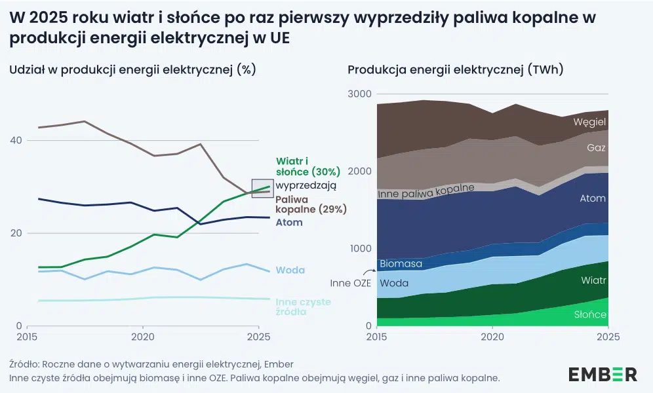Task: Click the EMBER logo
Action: tap(603, 374)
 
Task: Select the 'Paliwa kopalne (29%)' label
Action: tap(310, 204)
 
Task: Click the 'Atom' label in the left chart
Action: tap(289, 222)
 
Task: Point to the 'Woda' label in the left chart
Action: tap(290, 270)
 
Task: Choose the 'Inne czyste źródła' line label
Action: tap(303, 307)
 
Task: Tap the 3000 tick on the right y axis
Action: tap(359, 94)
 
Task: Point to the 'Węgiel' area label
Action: tap(589, 122)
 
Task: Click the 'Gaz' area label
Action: tap(595, 148)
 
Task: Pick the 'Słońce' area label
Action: tap(590, 314)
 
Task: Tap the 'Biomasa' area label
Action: tap(401, 264)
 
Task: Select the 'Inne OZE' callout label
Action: tap(351, 283)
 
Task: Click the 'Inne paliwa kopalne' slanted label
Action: tap(426, 191)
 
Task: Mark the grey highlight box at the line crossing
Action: tap(262, 188)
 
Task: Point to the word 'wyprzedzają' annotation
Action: tap(306, 185)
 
